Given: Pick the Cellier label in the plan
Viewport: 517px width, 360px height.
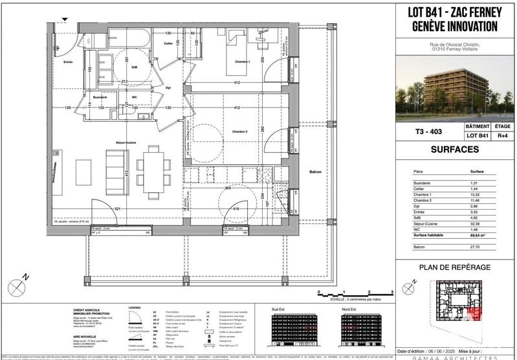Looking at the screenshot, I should tap(168, 43).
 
